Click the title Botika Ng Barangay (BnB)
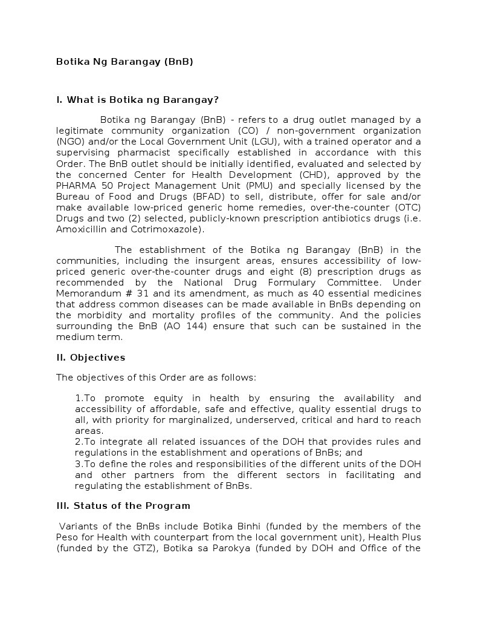(124, 62)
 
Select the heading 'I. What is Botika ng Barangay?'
(137, 100)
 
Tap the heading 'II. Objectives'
(91, 358)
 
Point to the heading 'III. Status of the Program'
(123, 506)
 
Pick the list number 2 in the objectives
(79, 442)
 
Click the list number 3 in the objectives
(79, 463)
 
